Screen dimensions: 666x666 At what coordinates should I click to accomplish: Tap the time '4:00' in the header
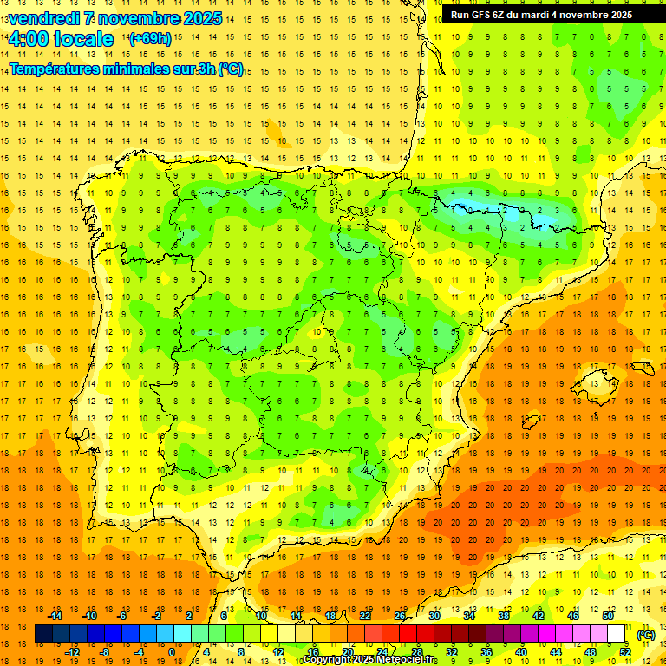point(30,39)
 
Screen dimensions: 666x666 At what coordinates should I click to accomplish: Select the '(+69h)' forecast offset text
point(150,39)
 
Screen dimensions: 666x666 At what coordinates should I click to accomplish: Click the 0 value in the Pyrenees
point(471,210)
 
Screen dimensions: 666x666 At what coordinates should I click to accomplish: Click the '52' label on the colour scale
point(624,652)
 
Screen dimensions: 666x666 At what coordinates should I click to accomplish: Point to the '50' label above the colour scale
point(607,616)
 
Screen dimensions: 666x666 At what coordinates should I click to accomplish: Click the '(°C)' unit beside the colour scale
point(645,635)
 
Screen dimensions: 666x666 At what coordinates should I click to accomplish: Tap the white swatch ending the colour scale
point(616,634)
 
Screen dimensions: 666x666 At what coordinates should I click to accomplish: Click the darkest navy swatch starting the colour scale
point(43,634)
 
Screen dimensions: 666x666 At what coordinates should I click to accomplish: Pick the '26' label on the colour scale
point(400,616)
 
